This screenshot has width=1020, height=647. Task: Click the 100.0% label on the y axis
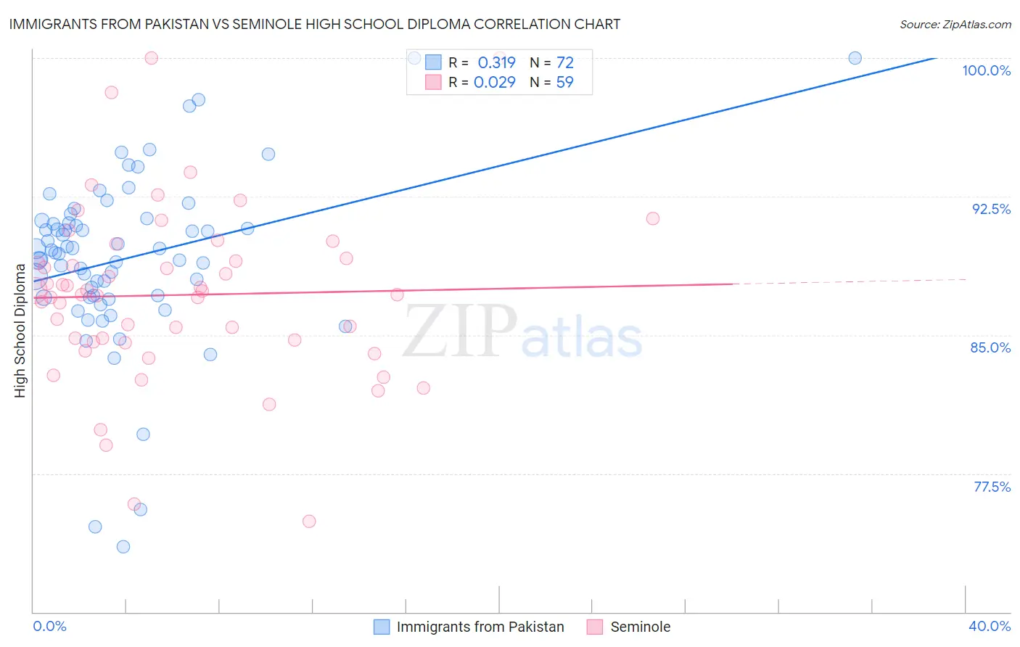coord(986,70)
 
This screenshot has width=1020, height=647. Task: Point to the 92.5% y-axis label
coord(991,209)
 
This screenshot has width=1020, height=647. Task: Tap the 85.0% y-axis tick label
coord(990,347)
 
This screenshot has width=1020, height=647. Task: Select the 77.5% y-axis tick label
coord(992,487)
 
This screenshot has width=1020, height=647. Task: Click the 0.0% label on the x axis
coord(49,626)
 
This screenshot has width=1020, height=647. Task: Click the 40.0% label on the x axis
coord(990,626)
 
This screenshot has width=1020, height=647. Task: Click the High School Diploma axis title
coord(20,331)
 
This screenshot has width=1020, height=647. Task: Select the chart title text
coord(315,24)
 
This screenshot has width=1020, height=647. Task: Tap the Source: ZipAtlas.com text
coord(955,24)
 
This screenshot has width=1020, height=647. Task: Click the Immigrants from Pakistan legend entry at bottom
coord(480,627)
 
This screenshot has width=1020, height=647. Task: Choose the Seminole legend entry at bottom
coord(640,627)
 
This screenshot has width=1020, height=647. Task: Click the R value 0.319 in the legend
coord(496,62)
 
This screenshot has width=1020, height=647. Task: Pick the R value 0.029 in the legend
coord(494,83)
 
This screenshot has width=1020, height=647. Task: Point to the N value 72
coord(564,62)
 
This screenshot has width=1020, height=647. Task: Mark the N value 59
coord(564,83)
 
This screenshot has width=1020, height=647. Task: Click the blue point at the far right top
coord(855,58)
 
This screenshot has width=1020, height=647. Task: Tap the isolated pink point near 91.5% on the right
coord(653,218)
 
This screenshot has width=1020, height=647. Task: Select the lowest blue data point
coord(123,547)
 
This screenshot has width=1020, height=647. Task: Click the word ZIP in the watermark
coord(460,331)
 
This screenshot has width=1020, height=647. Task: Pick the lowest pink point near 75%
coord(309,522)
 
